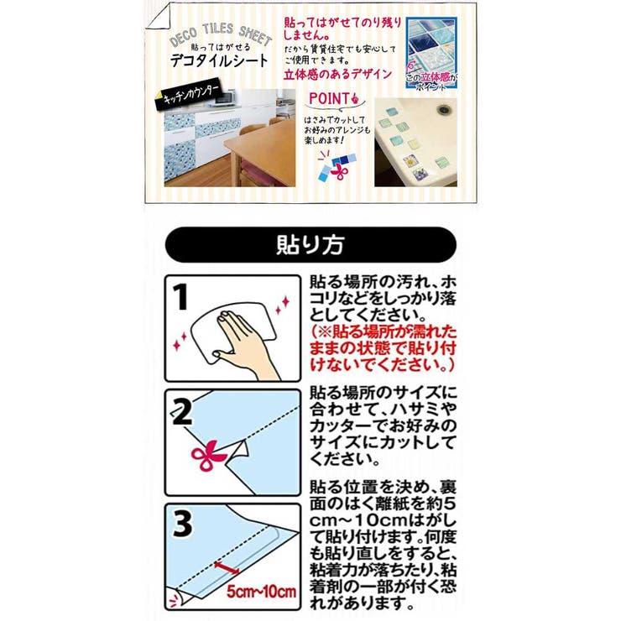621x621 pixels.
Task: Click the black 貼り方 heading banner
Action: (310, 245)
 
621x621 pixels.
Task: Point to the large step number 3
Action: (183, 525)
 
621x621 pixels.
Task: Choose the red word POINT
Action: (327, 100)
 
